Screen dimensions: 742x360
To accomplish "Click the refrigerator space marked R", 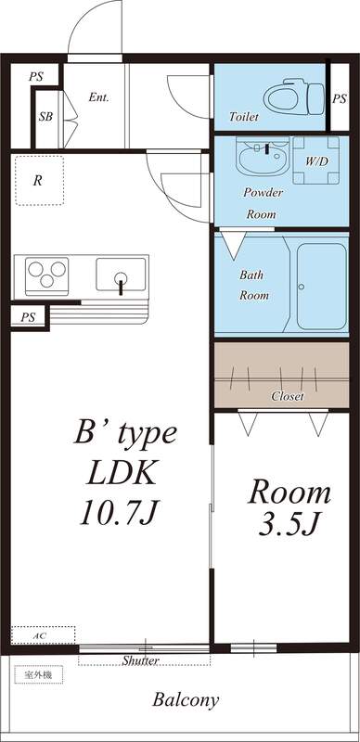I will [38, 181].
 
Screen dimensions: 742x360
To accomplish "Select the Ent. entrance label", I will [99, 96].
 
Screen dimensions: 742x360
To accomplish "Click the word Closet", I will [288, 396].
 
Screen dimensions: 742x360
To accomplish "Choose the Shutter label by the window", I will [141, 660].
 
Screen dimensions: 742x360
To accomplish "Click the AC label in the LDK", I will [40, 636].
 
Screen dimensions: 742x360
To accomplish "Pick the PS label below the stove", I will [29, 317].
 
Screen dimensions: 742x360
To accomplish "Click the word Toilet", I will [244, 118].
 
